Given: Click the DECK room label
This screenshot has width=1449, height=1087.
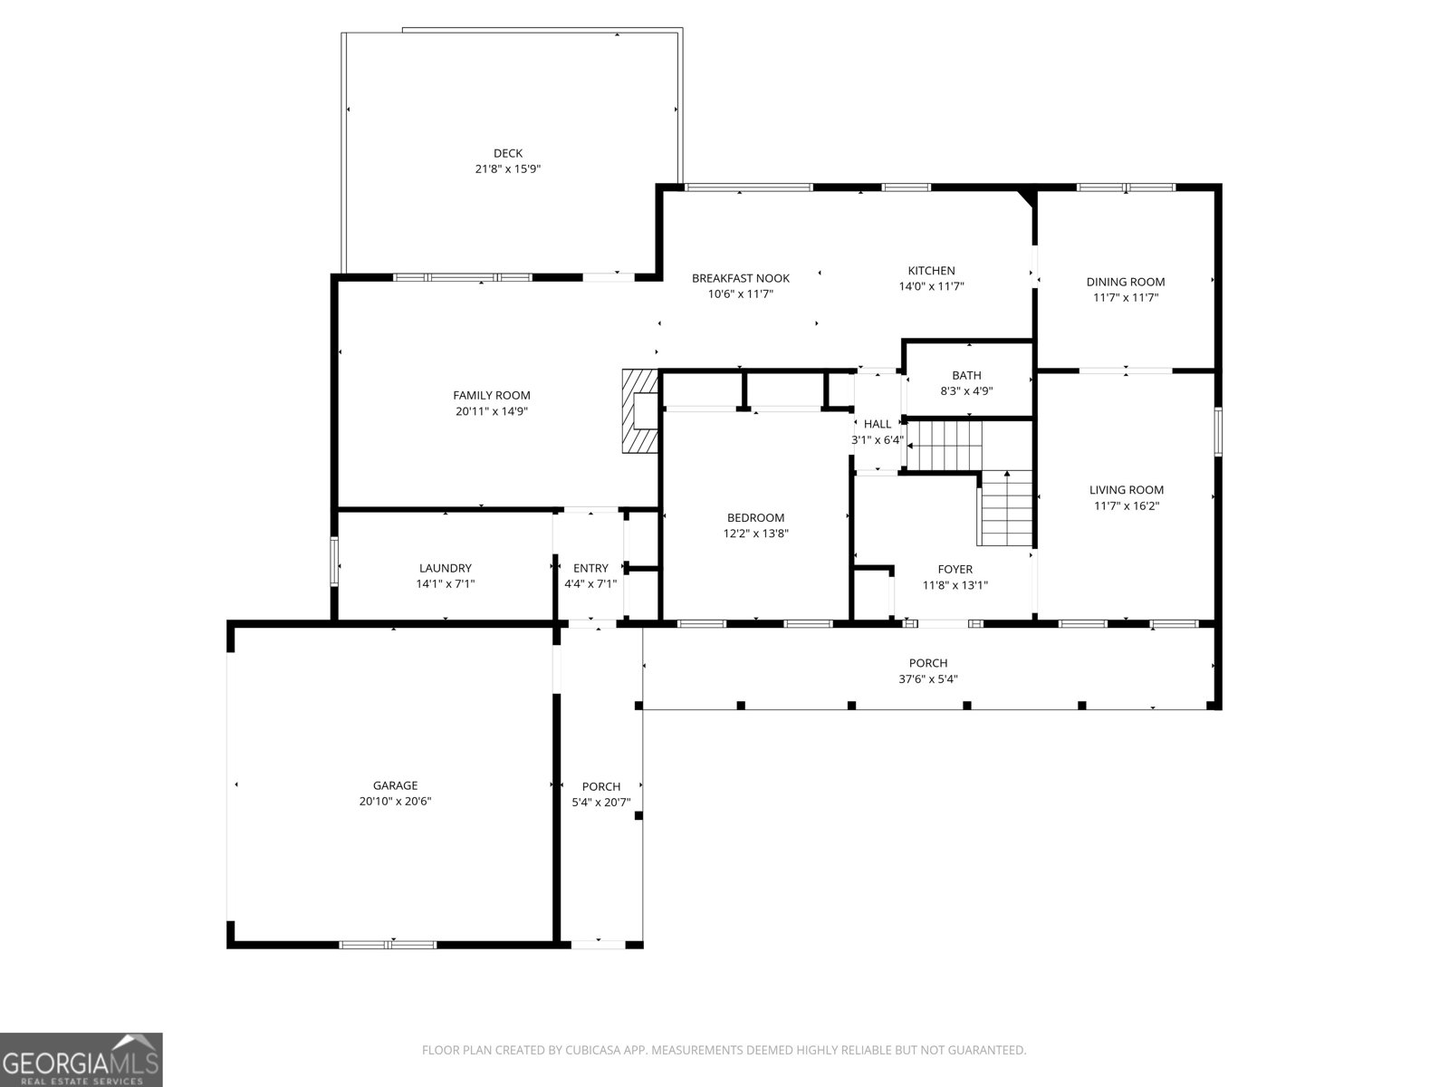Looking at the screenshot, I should tap(507, 153).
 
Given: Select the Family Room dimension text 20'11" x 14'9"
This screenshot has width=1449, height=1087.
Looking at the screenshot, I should tap(492, 411).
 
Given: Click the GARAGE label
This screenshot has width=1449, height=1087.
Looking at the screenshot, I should tap(395, 785).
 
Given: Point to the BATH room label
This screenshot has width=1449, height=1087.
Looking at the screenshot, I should tap(966, 375).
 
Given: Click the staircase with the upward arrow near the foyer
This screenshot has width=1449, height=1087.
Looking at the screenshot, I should tap(1005, 512).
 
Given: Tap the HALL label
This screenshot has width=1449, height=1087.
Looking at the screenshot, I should tap(877, 424).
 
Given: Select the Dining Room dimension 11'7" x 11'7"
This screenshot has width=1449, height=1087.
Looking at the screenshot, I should tap(1126, 297).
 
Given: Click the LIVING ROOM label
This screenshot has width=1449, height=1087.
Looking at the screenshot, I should tap(1126, 490).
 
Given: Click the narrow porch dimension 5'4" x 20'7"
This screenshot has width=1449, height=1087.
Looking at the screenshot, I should tap(600, 803).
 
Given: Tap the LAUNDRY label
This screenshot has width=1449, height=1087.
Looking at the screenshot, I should tap(445, 568).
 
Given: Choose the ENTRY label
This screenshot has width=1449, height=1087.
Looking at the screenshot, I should tap(590, 568).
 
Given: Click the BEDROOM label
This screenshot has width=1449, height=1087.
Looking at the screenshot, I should tap(755, 518).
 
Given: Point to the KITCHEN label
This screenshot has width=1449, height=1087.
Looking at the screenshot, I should tap(931, 271).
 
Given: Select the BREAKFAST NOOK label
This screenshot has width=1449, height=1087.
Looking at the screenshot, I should tap(740, 278).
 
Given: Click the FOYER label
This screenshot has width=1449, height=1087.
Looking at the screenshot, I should tap(955, 569).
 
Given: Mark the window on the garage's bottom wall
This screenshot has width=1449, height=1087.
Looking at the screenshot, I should tap(388, 945).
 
